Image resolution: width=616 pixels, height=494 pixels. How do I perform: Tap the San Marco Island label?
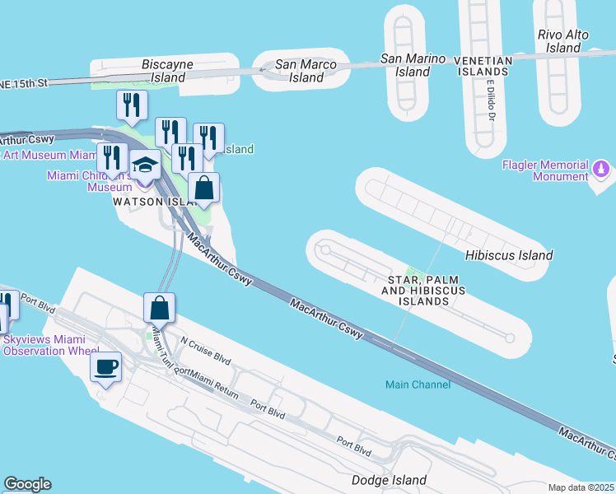point(300,70)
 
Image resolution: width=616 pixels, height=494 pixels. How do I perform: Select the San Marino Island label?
point(413,65)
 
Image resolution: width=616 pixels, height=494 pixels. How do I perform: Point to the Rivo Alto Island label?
point(559,41)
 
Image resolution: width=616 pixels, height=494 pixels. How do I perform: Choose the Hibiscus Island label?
point(509,255)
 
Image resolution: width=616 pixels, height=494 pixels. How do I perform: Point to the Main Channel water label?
point(418,384)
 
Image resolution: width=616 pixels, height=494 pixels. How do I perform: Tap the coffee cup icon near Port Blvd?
point(105,367)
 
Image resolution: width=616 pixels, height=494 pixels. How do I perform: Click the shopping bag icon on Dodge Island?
point(160,308)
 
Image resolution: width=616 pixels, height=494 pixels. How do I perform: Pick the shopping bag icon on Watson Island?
point(204,188)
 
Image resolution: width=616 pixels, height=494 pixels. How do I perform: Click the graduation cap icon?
point(145,164)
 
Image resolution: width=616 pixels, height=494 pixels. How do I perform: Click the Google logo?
point(27,484)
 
